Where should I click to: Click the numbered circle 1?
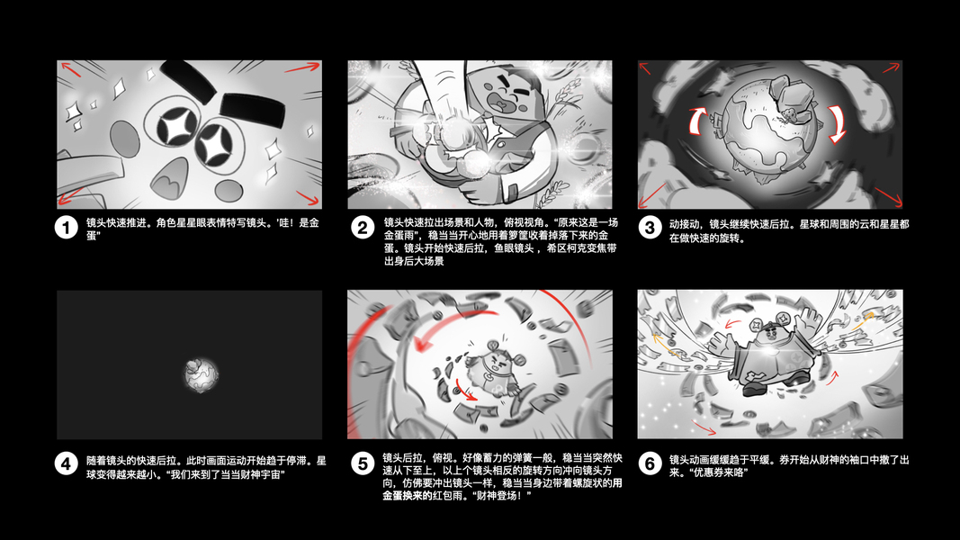click(66, 228)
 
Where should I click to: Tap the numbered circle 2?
click(363, 228)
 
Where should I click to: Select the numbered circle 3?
click(650, 228)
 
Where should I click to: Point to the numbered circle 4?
click(66, 463)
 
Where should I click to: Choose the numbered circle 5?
click(363, 463)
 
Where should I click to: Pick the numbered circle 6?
click(650, 463)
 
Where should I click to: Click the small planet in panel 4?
click(201, 374)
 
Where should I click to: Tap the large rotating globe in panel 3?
click(769, 130)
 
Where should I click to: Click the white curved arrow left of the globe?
click(695, 121)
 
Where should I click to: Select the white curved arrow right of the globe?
click(839, 122)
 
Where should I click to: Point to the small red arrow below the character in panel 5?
click(466, 393)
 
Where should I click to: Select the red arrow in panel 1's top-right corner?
click(303, 67)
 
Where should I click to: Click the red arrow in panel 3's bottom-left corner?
click(652, 195)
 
